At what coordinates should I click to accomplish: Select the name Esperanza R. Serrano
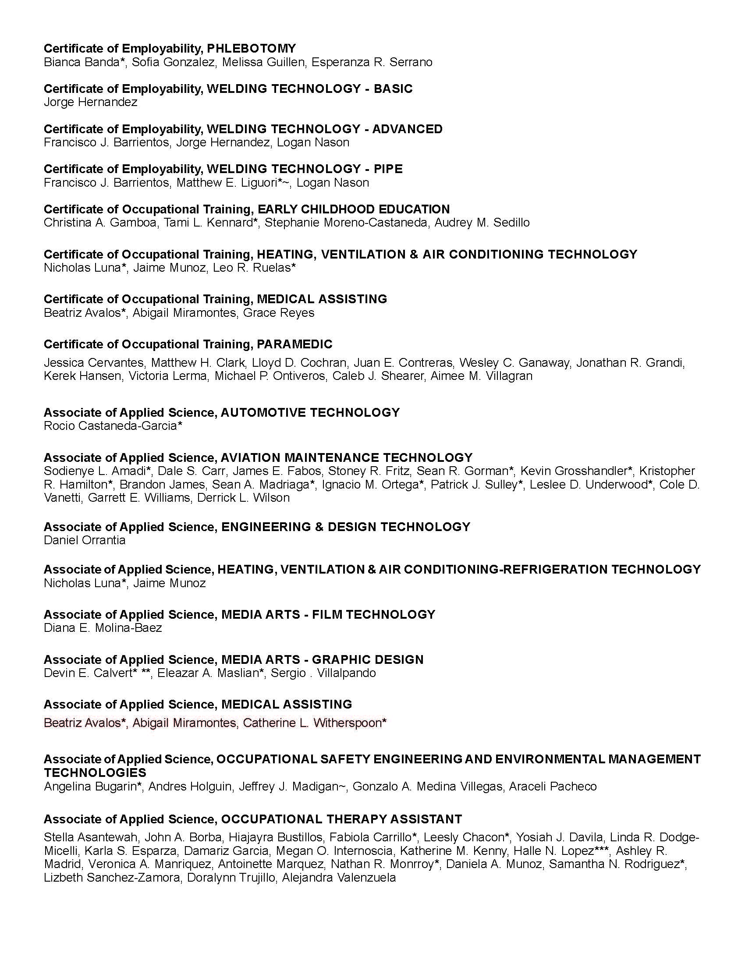click(372, 62)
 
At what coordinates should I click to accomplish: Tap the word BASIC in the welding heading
click(393, 89)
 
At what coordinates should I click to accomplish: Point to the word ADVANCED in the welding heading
click(407, 129)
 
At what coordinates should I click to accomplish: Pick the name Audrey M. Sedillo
click(482, 223)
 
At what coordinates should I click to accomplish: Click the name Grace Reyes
click(278, 313)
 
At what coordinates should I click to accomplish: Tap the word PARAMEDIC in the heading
click(294, 344)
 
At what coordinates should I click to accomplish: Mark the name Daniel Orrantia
click(84, 540)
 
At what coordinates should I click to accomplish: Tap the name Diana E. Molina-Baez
click(103, 627)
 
